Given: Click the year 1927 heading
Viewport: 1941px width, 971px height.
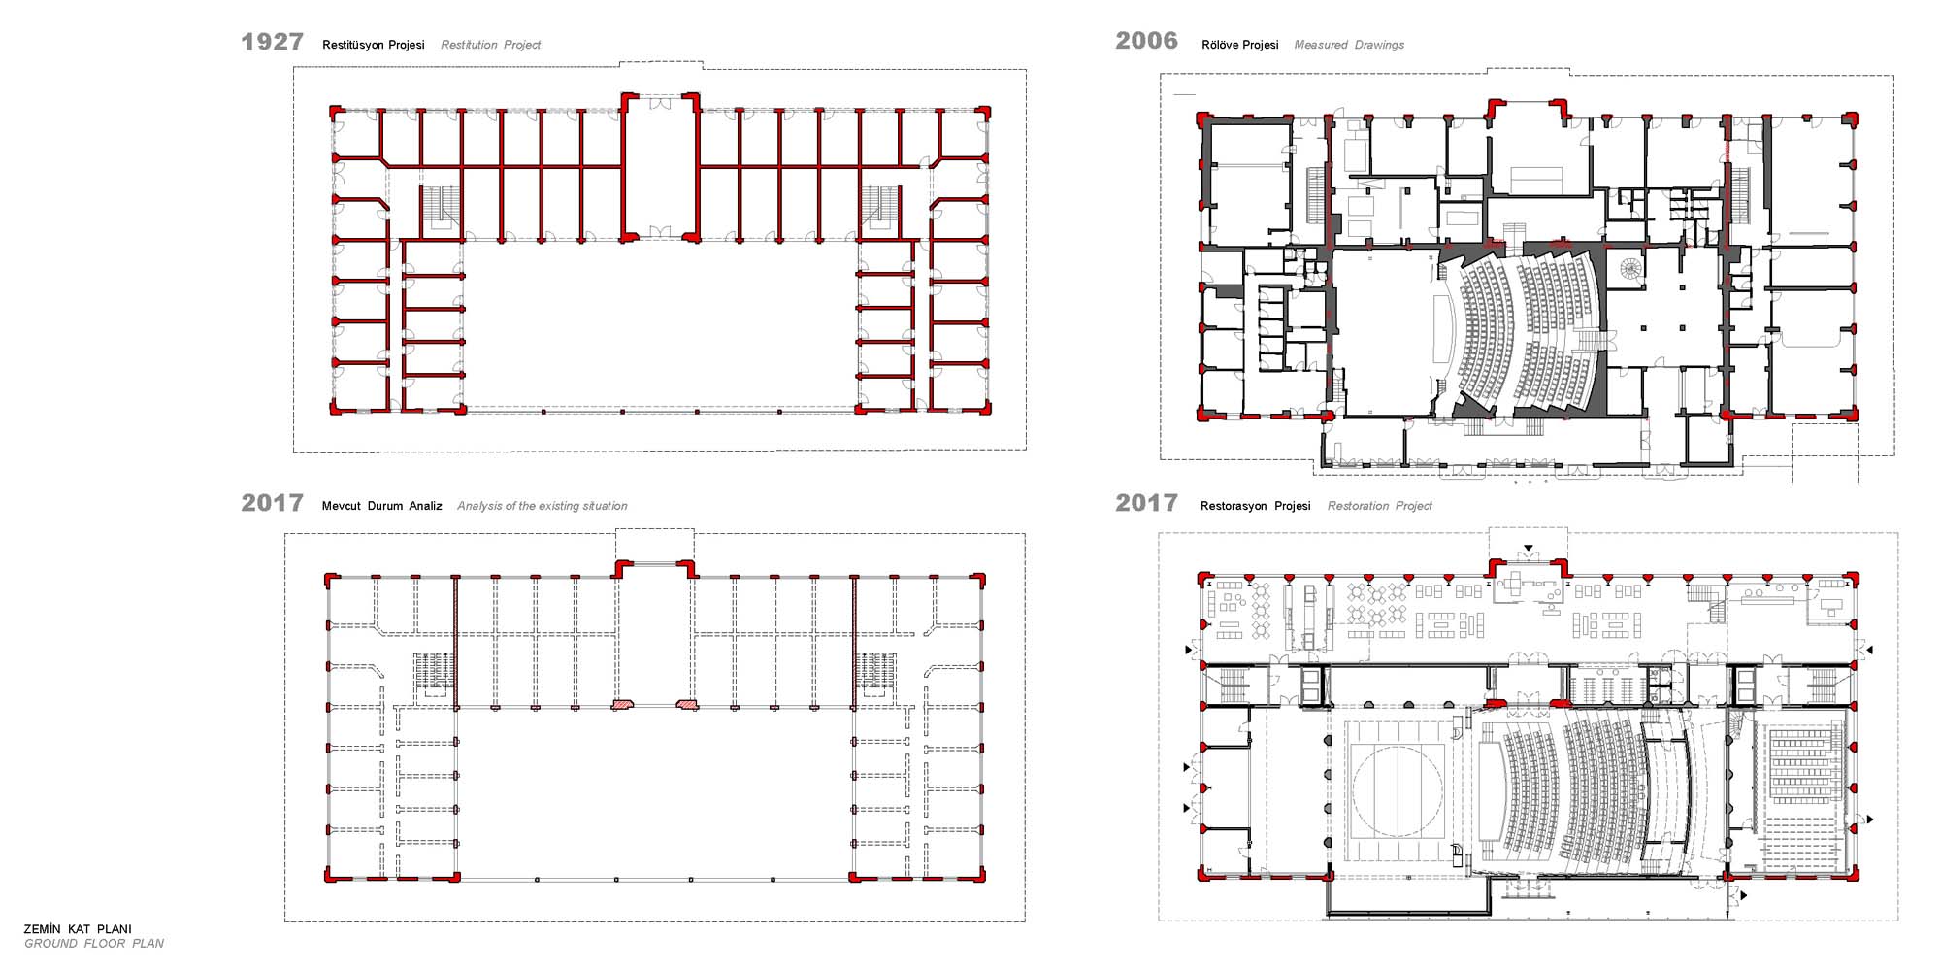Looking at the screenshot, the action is click(x=272, y=42).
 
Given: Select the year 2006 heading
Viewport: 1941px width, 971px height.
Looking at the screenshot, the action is click(x=1146, y=41).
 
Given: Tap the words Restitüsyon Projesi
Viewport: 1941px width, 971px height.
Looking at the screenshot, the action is click(x=374, y=45).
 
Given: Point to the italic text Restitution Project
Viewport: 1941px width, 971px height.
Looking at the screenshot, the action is click(x=490, y=45).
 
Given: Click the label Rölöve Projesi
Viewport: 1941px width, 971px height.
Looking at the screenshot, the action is click(x=1239, y=45).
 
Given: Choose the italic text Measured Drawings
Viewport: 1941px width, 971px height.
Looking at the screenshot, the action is click(x=1349, y=45).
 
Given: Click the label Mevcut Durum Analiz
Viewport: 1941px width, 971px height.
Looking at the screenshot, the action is click(x=381, y=506).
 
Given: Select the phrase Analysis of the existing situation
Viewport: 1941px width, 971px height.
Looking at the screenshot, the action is click(x=542, y=506).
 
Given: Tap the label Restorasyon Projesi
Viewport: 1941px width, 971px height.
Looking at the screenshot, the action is click(x=1255, y=506).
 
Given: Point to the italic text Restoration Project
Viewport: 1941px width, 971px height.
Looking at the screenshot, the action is click(x=1379, y=506).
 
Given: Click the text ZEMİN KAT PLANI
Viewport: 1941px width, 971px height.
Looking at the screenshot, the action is click(x=78, y=929).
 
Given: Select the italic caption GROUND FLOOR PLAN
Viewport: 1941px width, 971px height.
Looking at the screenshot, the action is click(x=94, y=944).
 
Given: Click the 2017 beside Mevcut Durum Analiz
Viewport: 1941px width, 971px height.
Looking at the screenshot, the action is click(x=272, y=503).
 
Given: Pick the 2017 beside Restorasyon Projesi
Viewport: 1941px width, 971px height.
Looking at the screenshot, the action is click(x=1146, y=503).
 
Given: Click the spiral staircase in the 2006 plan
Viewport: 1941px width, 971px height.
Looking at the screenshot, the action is click(x=1630, y=268).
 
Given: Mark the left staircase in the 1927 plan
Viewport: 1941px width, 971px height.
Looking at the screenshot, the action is click(x=440, y=209).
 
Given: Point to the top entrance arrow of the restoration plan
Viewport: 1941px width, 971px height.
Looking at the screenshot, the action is click(x=1529, y=550).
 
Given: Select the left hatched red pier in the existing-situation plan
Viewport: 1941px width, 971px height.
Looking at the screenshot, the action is click(x=622, y=704).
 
